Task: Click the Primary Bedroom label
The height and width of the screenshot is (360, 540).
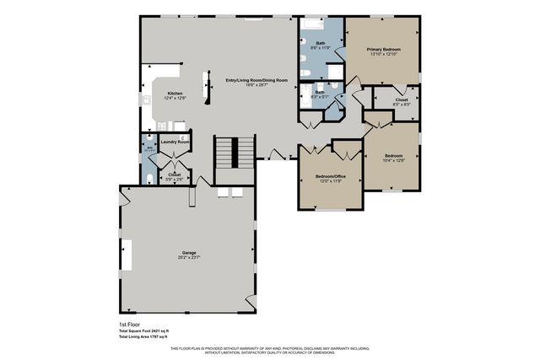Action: [383, 50]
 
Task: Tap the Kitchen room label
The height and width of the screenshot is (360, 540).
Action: [175, 93]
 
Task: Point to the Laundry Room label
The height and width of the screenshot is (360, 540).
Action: [174, 142]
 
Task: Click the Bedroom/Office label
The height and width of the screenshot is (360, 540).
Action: [330, 176]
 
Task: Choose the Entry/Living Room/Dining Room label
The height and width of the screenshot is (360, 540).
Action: [256, 80]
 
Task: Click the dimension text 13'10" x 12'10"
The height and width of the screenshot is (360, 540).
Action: [383, 56]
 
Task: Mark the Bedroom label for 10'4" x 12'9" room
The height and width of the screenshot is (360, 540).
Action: [394, 155]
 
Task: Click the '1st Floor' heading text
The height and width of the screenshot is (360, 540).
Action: [128, 324]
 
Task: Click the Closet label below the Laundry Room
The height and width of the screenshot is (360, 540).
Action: [174, 175]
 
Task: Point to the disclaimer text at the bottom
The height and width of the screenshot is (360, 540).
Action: [269, 350]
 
